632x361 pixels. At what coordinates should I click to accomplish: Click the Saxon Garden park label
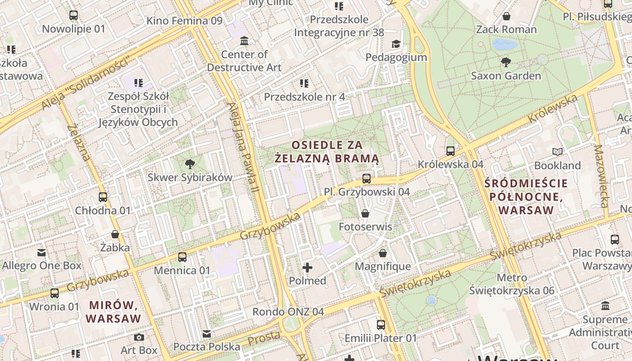click(506, 76)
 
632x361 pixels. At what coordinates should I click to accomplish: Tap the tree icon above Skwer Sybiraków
click(190, 164)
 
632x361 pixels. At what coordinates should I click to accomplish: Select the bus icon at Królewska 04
click(450, 151)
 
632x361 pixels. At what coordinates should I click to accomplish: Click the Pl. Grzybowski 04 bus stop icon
click(367, 179)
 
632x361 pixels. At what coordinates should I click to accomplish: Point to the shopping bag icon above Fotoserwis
click(365, 213)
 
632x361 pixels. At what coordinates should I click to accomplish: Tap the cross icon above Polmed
click(307, 268)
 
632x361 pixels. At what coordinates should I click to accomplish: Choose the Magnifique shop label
click(383, 266)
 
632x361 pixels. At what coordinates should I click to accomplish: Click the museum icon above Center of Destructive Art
click(244, 41)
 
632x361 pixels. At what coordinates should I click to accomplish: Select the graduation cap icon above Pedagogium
click(396, 44)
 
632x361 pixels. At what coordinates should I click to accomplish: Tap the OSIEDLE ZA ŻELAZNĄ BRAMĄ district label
click(327, 152)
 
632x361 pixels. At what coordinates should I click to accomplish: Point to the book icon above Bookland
click(558, 152)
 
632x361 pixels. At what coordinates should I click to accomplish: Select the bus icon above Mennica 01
click(182, 257)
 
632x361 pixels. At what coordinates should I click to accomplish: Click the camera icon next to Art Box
click(139, 337)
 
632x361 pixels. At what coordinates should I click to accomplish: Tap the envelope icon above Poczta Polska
click(207, 334)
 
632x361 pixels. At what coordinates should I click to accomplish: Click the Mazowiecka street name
click(602, 176)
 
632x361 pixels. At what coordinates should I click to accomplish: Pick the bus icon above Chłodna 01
click(103, 197)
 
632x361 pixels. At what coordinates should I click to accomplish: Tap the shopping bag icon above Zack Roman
click(507, 16)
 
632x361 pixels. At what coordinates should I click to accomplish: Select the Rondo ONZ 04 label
click(288, 312)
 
